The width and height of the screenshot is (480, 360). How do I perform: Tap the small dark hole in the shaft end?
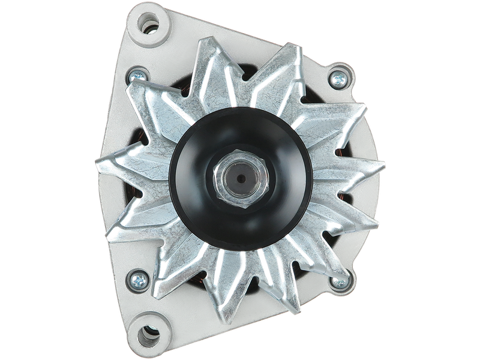tap(239, 178)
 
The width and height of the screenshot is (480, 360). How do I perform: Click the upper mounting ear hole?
tap(148, 24)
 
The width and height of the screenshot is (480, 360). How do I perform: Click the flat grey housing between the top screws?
tap(240, 30)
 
